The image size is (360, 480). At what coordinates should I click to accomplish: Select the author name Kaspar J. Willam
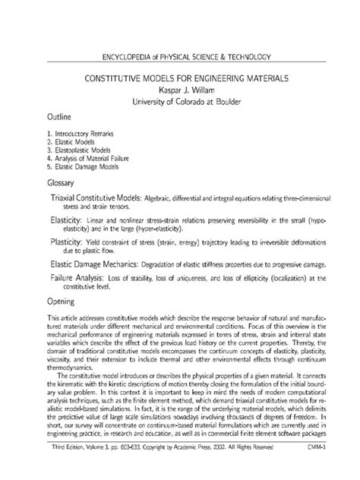point(179,90)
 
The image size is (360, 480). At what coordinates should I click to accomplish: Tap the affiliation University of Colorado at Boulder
point(179,102)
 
